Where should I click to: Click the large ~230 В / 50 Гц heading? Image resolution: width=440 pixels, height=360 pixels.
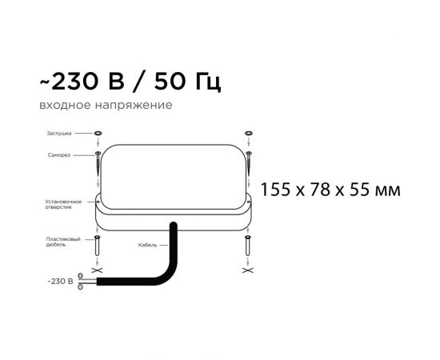click(x=130, y=82)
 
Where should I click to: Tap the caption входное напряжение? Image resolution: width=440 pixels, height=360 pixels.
click(x=106, y=106)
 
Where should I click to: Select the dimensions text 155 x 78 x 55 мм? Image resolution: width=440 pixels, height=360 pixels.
click(x=330, y=190)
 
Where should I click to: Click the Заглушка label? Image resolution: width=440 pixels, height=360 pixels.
click(x=59, y=134)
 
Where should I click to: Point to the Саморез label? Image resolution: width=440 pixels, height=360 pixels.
click(x=59, y=155)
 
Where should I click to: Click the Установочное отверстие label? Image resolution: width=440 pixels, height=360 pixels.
click(x=63, y=204)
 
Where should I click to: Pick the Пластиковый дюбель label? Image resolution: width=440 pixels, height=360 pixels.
click(x=63, y=242)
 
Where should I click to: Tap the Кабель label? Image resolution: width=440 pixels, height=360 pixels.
click(x=147, y=245)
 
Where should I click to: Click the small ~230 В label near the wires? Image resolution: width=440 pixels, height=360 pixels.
click(x=60, y=281)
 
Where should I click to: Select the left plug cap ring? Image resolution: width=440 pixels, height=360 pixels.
click(x=98, y=133)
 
